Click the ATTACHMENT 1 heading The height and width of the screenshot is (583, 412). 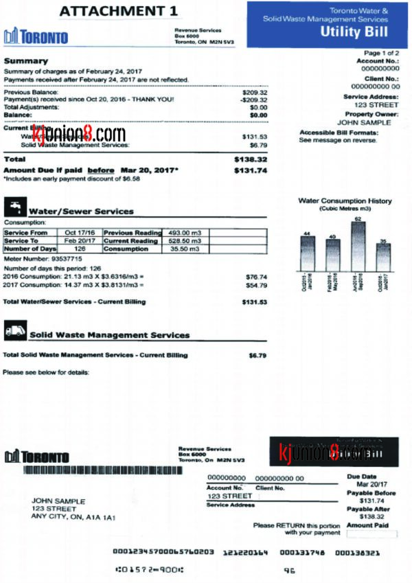pyautogui.click(x=118, y=11)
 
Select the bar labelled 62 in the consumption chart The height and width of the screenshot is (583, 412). pyautogui.click(x=357, y=245)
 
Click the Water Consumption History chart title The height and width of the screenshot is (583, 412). pyautogui.click(x=345, y=201)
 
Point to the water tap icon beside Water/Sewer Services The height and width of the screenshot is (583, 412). pyautogui.click(x=14, y=206)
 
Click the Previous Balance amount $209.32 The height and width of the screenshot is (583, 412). pyautogui.click(x=255, y=92)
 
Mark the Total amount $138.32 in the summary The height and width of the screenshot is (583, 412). pyautogui.click(x=250, y=159)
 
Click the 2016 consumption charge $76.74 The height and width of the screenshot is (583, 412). pyautogui.click(x=255, y=277)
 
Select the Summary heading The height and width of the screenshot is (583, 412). pyautogui.click(x=26, y=61)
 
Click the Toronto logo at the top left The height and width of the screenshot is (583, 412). pyautogui.click(x=36, y=36)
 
